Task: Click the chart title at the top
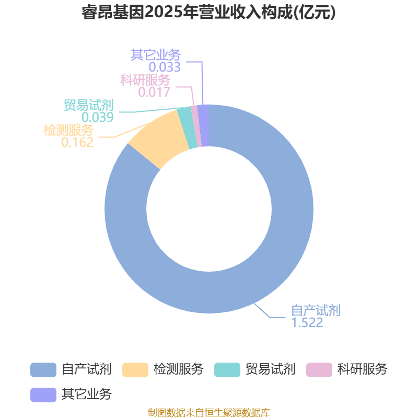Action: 208,13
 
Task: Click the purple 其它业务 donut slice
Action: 204,125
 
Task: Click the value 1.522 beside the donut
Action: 307,323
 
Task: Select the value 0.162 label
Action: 77,142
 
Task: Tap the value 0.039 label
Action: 98,117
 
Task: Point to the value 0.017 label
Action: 154,92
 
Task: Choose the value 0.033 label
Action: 165,67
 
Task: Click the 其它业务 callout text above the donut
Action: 156,55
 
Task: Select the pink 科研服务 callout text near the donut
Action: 145,80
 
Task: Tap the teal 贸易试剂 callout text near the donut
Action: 89,105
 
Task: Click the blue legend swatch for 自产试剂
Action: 43,370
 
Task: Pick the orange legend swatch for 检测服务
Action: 135,370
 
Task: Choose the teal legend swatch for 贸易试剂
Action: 227,370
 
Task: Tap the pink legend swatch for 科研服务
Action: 319,370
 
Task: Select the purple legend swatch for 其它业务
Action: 43,395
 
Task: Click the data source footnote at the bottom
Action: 209,412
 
